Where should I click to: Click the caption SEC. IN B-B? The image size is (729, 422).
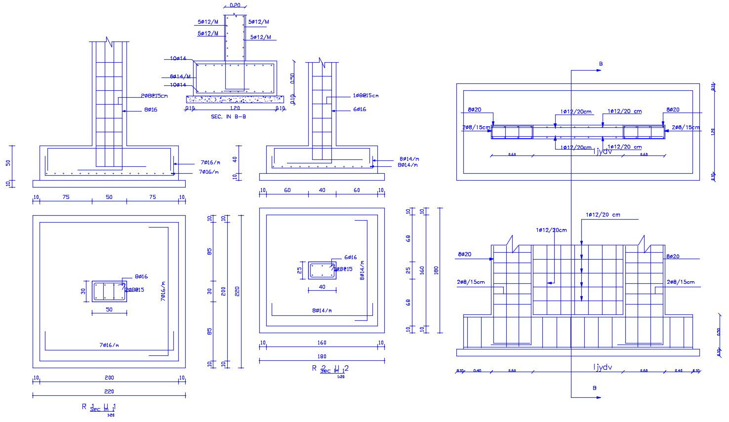(228, 117)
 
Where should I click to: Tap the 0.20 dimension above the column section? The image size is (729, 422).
(235, 5)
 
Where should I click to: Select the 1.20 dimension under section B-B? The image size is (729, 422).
(235, 108)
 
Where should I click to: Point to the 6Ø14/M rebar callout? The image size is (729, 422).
(180, 77)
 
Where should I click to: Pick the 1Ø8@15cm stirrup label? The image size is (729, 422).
(365, 95)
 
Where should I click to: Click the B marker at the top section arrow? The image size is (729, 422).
(601, 64)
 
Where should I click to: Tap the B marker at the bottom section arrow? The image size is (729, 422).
(595, 388)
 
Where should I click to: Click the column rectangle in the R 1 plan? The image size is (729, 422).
(109, 291)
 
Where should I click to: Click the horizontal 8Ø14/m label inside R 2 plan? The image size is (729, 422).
(322, 310)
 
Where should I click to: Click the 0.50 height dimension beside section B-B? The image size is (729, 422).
(292, 78)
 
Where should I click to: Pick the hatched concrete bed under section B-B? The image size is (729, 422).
(235, 99)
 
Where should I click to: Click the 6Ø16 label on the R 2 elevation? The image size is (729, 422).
(360, 109)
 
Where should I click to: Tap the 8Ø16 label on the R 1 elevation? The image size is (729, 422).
(151, 110)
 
